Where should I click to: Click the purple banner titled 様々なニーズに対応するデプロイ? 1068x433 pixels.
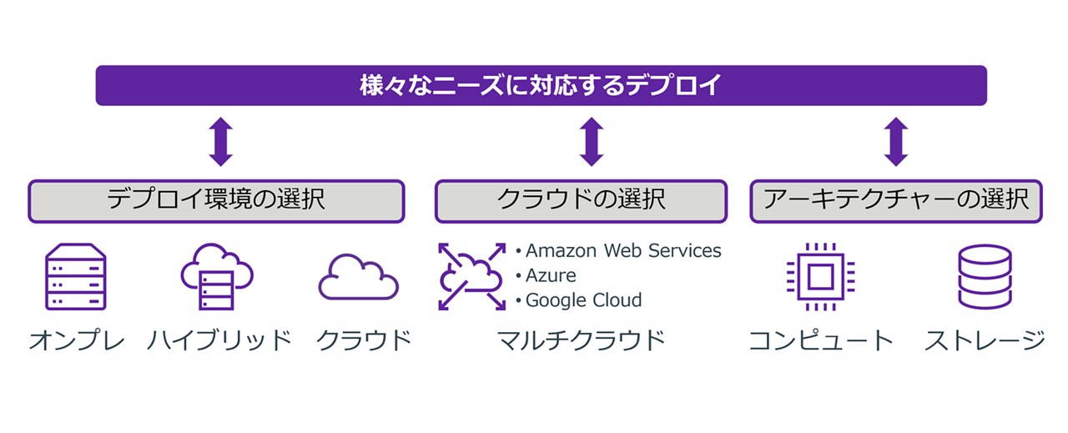(x=541, y=85)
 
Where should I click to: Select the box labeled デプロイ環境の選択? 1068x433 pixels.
(x=216, y=201)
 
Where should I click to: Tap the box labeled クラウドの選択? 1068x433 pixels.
(x=581, y=201)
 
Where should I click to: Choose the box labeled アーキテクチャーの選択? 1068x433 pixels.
(x=895, y=201)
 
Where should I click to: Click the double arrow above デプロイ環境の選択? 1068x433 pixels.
(x=220, y=142)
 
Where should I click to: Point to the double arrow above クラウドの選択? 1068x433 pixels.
(x=591, y=142)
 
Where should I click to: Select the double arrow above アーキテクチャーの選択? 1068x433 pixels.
(x=896, y=142)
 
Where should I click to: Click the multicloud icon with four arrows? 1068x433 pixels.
(x=472, y=276)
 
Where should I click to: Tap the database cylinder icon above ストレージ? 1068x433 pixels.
(x=985, y=276)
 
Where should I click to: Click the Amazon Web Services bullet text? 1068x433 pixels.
(x=622, y=250)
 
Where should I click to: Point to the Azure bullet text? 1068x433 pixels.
(x=550, y=275)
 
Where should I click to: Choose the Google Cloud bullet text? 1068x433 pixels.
(x=583, y=300)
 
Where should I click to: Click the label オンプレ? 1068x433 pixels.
(x=77, y=340)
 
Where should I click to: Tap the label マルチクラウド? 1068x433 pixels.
(x=581, y=340)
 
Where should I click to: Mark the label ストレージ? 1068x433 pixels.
(x=985, y=340)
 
